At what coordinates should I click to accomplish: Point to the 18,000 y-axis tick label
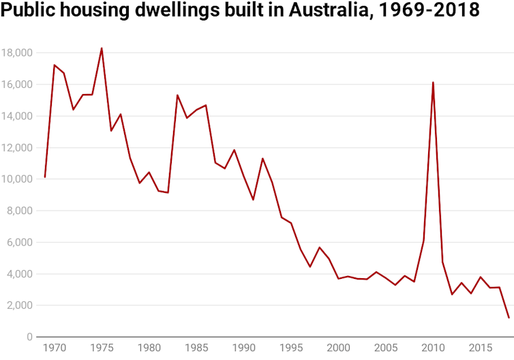tap(17, 53)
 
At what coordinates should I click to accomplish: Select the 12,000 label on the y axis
tap(17, 148)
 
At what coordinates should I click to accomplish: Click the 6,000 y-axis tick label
tap(20, 243)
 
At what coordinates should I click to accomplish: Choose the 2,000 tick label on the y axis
tap(20, 306)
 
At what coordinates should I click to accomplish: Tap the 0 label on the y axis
tap(30, 337)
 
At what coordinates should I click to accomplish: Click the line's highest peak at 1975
tap(102, 48)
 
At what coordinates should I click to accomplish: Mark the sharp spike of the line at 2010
tap(433, 82)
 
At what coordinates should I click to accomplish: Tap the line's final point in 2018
tap(509, 318)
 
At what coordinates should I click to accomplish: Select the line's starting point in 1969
tap(44, 177)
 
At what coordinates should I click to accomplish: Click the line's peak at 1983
tap(177, 95)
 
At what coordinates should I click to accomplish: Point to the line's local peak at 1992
tap(262, 158)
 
